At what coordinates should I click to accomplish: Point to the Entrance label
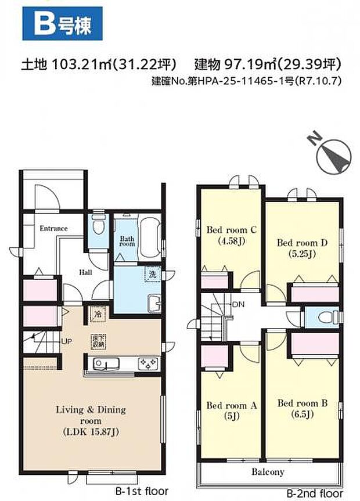tap(53, 228)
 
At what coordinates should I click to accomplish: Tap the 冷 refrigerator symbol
tap(96, 313)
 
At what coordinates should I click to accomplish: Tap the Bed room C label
tap(231, 229)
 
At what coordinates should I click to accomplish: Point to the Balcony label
tap(268, 471)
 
